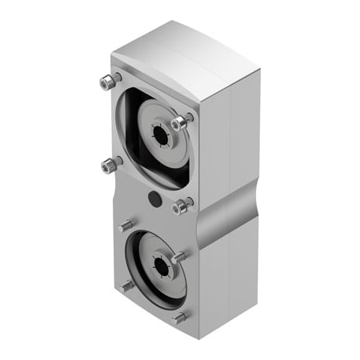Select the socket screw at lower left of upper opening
110,165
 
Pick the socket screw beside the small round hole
181,206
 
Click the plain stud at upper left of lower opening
126,226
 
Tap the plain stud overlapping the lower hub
180,258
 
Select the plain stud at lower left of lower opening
126,285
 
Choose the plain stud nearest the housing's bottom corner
180,317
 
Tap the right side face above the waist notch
228,136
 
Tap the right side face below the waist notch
228,272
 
